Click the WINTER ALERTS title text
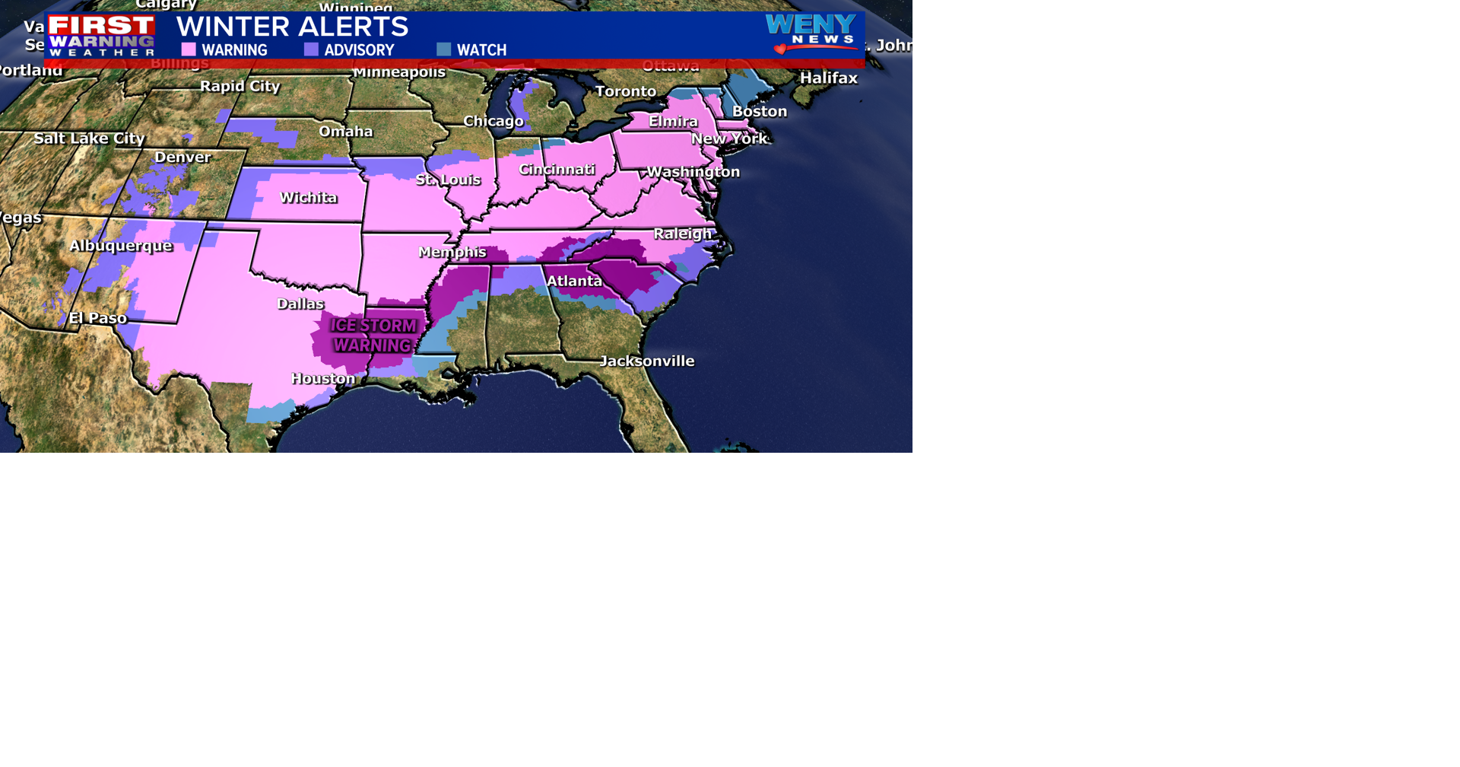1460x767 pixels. (x=292, y=27)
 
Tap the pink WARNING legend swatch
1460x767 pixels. (x=189, y=49)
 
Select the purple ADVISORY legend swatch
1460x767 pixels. (x=311, y=49)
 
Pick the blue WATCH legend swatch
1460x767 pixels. (x=444, y=49)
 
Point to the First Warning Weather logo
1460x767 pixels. (x=102, y=35)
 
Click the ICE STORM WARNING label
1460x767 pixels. (x=373, y=336)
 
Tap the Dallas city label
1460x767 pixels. (x=300, y=304)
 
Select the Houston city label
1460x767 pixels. (x=323, y=378)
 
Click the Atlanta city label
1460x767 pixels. (x=574, y=281)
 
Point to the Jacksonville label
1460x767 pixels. (x=647, y=361)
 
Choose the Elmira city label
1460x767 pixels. (x=673, y=121)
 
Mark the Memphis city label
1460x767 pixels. (x=452, y=252)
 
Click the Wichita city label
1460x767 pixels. (x=308, y=198)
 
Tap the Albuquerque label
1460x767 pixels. (x=121, y=246)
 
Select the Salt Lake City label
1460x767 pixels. (x=90, y=138)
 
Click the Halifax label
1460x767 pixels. (x=829, y=78)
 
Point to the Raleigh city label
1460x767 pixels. (x=682, y=234)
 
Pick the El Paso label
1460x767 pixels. (x=98, y=318)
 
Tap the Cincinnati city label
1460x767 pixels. (x=557, y=169)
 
